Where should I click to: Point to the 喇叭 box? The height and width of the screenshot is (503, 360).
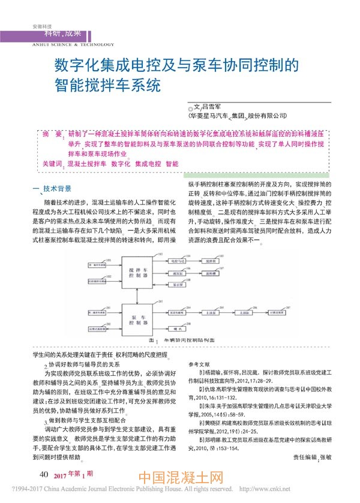click(x=178, y=329)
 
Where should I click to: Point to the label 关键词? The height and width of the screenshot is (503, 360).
click(x=52, y=163)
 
